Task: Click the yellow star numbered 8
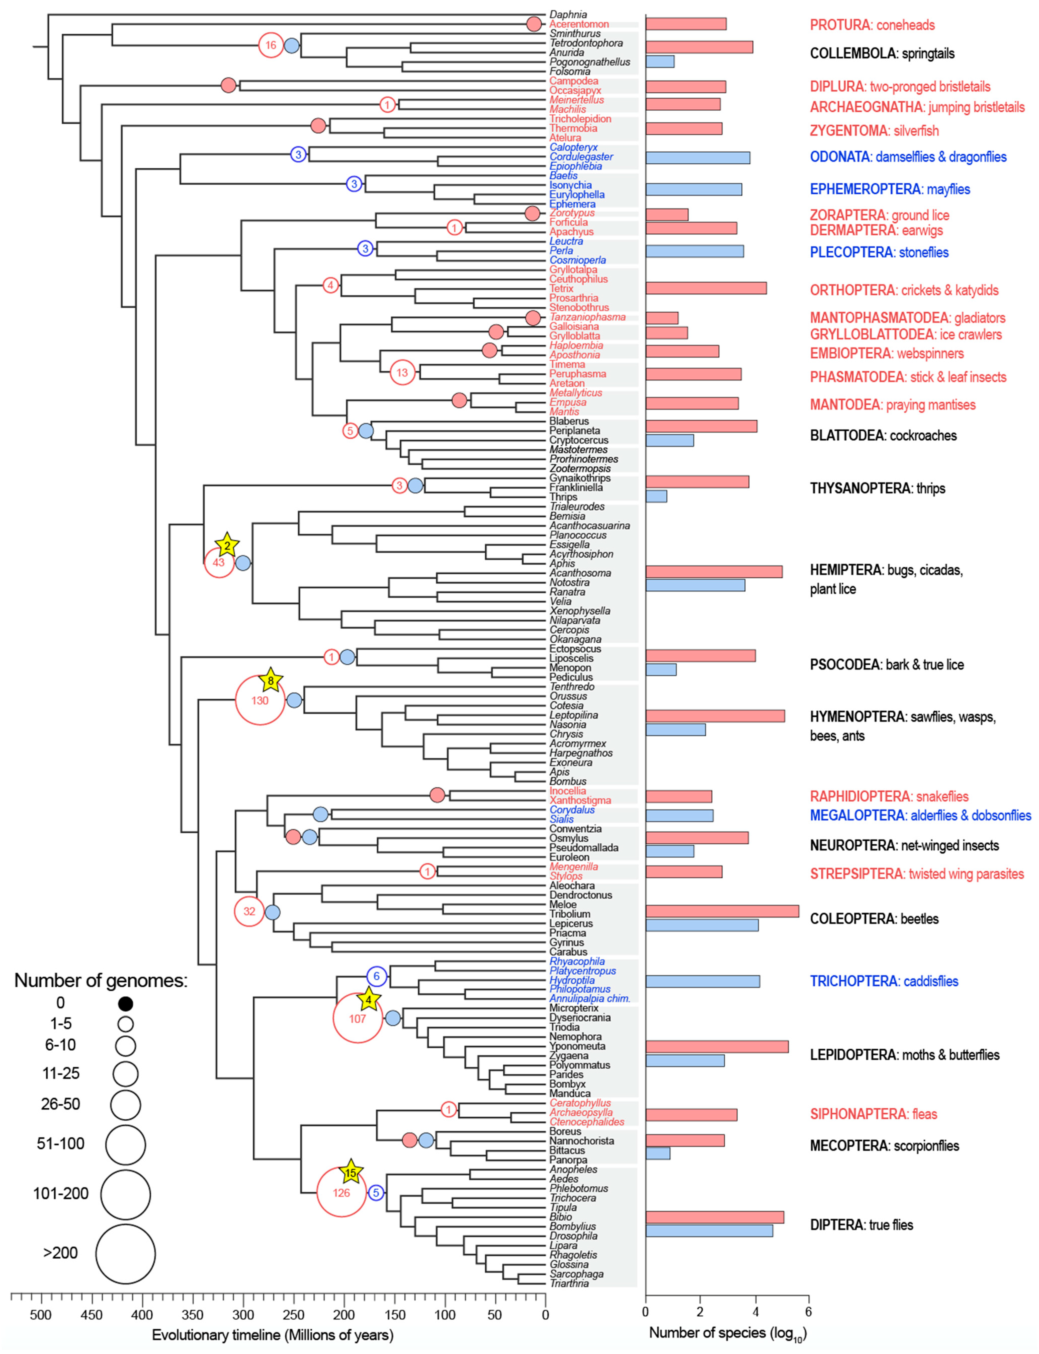270,681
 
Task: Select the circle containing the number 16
271,45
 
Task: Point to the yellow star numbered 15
351,1172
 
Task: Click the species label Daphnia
568,14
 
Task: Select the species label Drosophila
573,1235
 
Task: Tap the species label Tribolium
570,913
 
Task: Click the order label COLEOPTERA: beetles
874,918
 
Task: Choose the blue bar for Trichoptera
703,981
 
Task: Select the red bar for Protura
686,24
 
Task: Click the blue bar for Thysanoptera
656,496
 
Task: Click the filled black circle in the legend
126,1003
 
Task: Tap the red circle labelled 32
249,911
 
